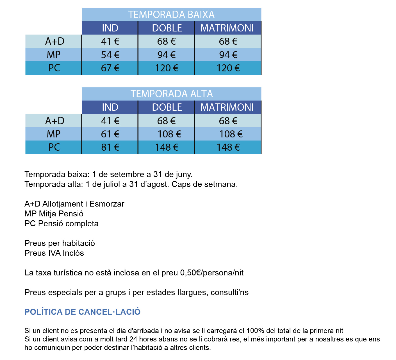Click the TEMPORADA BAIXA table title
[171, 14]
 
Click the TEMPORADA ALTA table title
[172, 94]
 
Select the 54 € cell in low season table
[110, 55]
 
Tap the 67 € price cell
[110, 68]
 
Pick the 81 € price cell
[110, 147]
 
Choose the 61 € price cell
[110, 134]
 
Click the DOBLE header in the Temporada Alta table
[167, 107]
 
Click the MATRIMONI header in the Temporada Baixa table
[227, 28]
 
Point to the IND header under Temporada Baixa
[110, 28]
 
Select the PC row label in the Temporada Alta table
[54, 147]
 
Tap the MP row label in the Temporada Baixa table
[54, 55]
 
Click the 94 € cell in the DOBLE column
[167, 55]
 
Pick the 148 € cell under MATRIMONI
[228, 147]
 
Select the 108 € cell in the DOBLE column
[169, 134]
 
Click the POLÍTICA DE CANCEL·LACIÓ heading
[83, 312]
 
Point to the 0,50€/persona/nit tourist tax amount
[212, 273]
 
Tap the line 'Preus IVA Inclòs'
[54, 253]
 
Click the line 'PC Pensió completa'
[62, 223]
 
